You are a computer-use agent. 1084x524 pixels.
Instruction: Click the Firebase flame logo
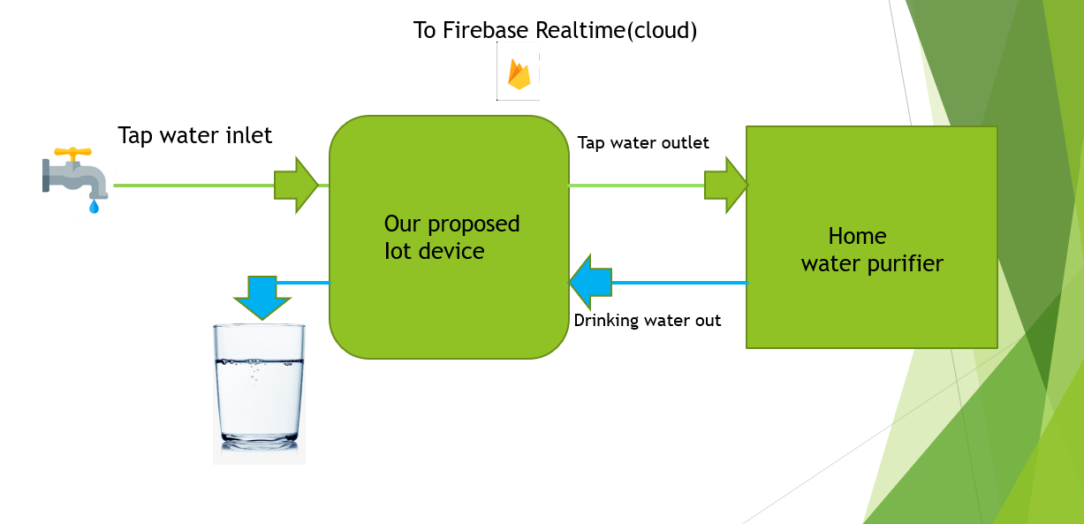(x=519, y=75)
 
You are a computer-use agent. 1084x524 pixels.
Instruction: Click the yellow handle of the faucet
(x=72, y=153)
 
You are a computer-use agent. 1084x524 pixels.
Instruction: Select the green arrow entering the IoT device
(x=295, y=186)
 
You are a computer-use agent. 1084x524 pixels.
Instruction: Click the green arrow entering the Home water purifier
(x=726, y=186)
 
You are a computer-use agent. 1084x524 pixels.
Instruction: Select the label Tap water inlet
(x=195, y=135)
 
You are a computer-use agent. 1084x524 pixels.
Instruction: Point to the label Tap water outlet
(x=643, y=142)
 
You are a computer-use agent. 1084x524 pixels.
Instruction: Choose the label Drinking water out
(x=648, y=321)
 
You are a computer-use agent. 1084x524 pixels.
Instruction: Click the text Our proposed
(x=451, y=224)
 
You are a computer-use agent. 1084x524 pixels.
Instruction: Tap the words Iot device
(x=435, y=251)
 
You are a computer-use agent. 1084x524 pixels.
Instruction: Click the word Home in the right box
(x=857, y=236)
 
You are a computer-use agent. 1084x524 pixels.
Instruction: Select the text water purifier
(x=872, y=263)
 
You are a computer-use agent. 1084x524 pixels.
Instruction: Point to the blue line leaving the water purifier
(x=680, y=283)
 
